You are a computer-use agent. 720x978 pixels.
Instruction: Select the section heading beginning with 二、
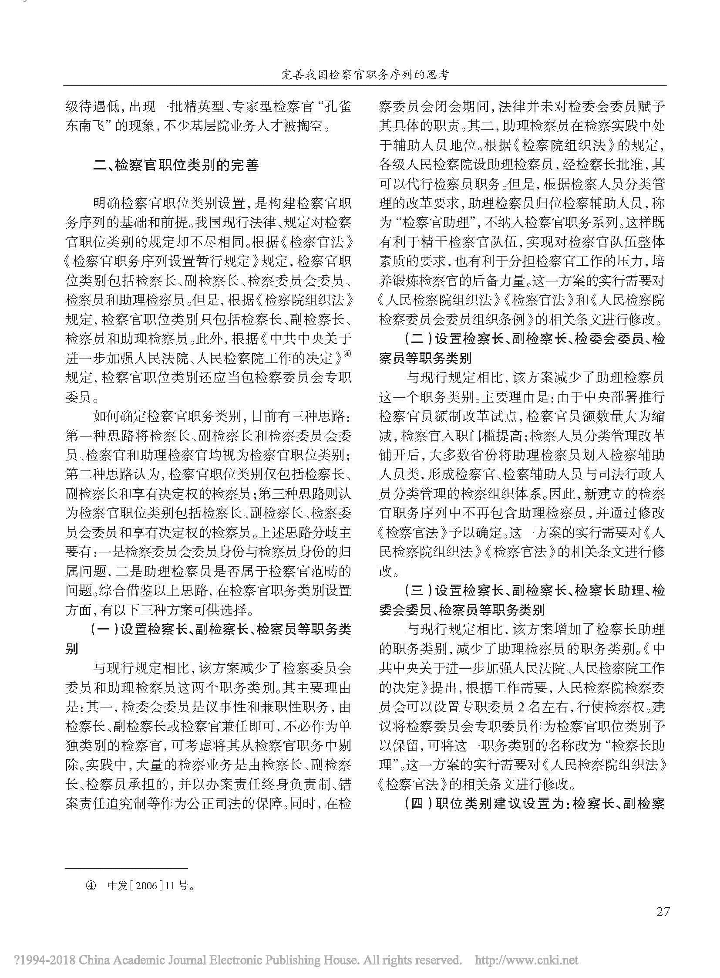tap(176, 166)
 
